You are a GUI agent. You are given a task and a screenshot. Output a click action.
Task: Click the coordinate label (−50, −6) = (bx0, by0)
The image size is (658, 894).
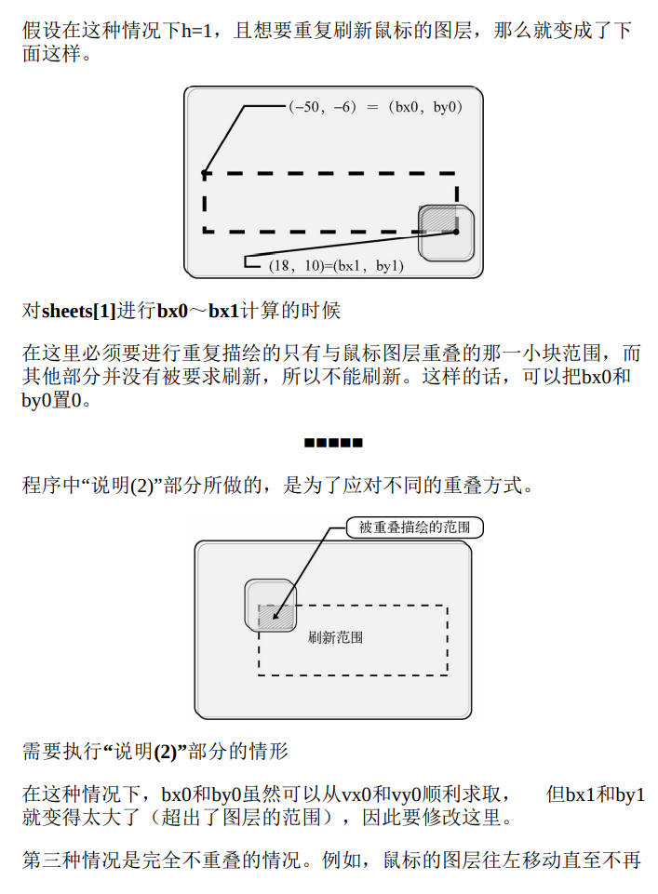point(375,107)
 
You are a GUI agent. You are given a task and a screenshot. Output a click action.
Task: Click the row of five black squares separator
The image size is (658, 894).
point(332,442)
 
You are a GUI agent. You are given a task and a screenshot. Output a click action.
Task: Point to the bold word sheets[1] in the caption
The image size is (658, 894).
point(79,311)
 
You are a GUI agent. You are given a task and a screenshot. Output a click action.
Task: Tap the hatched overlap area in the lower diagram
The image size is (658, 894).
point(282,617)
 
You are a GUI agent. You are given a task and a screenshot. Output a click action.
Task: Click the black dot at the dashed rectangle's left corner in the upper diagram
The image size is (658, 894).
point(204,173)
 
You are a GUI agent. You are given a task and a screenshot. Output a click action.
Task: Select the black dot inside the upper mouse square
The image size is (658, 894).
point(456,232)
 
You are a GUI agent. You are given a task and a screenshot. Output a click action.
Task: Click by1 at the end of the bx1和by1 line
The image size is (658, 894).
point(630,795)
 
